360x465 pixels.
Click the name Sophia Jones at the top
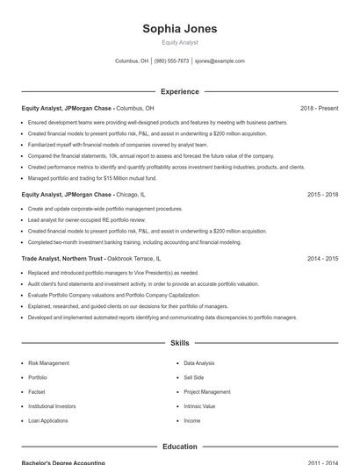pyautogui.click(x=180, y=28)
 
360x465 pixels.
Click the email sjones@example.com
pyautogui.click(x=220, y=61)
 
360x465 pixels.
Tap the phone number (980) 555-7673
pyautogui.click(x=171, y=61)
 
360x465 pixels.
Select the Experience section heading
pyautogui.click(x=180, y=91)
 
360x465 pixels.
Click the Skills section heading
pyautogui.click(x=180, y=342)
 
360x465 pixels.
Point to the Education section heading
pyautogui.click(x=180, y=447)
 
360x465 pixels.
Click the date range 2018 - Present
pyautogui.click(x=319, y=109)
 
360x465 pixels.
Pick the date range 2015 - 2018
pyautogui.click(x=323, y=195)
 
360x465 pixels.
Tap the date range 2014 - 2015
pyautogui.click(x=323, y=259)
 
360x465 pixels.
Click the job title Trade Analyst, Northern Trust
pyautogui.click(x=63, y=259)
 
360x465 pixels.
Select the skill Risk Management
pyautogui.click(x=48, y=362)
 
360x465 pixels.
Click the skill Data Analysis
pyautogui.click(x=199, y=362)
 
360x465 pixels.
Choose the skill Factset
pyautogui.click(x=37, y=392)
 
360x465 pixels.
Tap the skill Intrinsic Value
pyautogui.click(x=199, y=406)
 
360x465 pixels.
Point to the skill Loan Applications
pyautogui.click(x=47, y=421)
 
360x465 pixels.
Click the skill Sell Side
pyautogui.click(x=193, y=377)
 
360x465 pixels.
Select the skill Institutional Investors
pyautogui.click(x=52, y=406)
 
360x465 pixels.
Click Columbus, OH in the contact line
pyautogui.click(x=132, y=61)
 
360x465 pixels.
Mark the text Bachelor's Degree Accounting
pyautogui.click(x=63, y=462)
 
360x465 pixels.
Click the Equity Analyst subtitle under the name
pyautogui.click(x=180, y=42)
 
